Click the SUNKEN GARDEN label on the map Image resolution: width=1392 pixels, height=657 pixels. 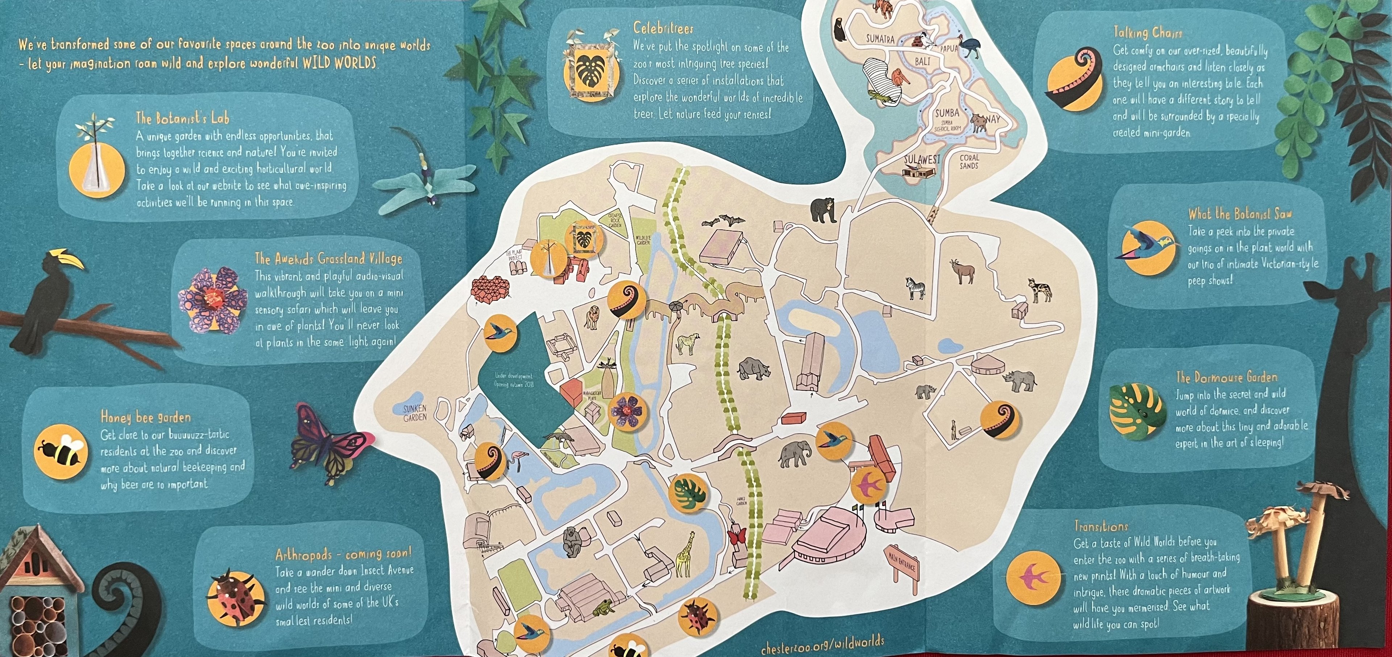point(414,413)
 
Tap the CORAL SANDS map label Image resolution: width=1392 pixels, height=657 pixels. point(969,162)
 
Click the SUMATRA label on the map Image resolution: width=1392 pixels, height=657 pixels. point(880,39)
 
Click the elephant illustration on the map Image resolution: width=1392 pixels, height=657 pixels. point(795,453)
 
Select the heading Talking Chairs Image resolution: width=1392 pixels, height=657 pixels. point(1147,32)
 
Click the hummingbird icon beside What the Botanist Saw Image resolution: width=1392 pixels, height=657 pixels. point(1148,246)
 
